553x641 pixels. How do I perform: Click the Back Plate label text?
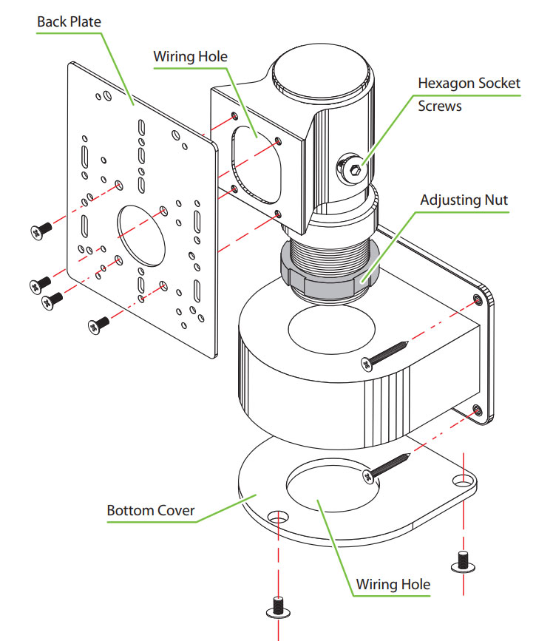point(69,21)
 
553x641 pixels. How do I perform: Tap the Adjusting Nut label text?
point(464,200)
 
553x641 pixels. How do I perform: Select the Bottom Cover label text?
point(151,510)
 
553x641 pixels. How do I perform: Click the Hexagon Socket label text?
point(469,84)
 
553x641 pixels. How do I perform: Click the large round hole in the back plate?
point(143,234)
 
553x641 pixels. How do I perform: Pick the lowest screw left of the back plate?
point(98,322)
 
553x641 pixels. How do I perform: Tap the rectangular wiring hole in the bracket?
point(258,163)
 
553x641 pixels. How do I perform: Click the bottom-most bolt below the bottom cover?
point(276,608)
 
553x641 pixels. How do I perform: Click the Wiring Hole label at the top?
point(190,56)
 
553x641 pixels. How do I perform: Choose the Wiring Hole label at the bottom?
point(393,584)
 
